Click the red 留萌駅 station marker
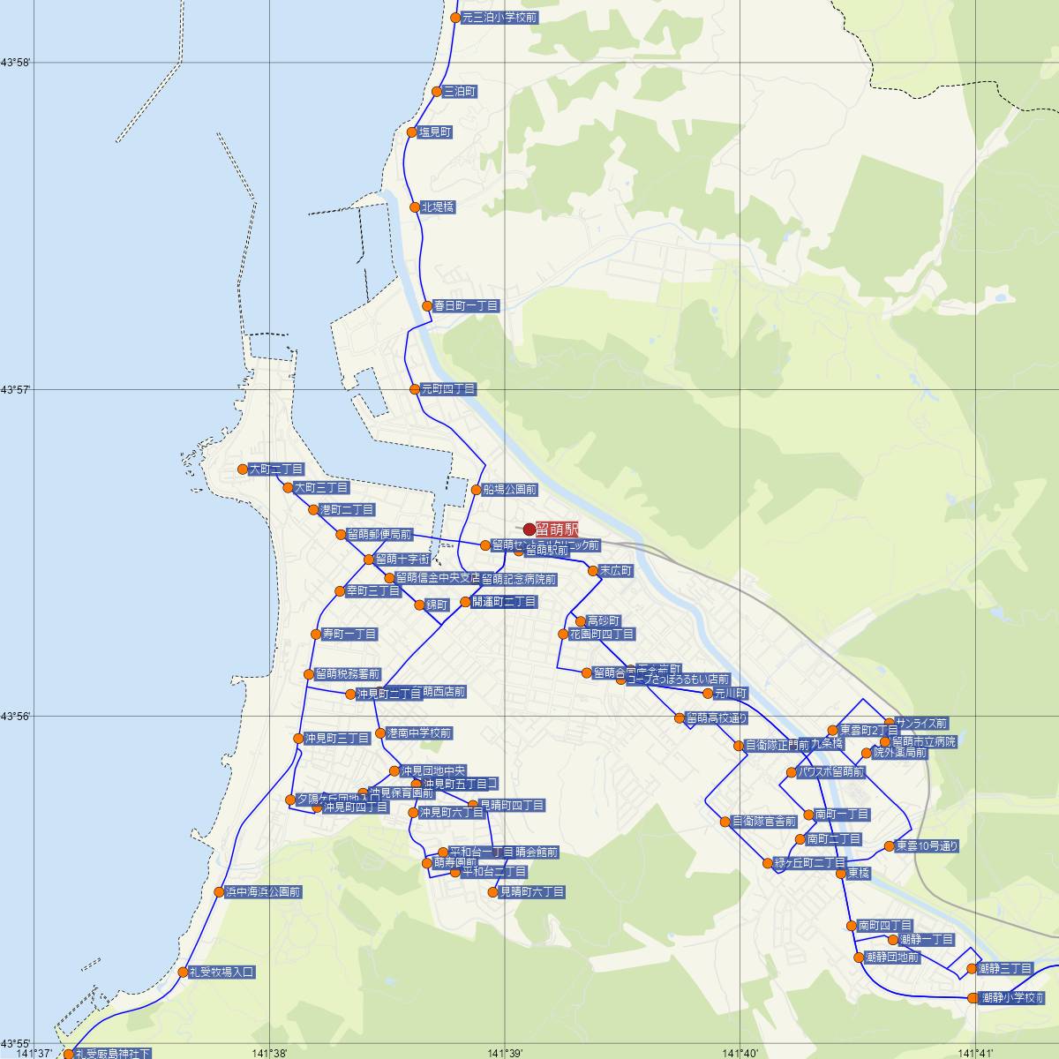pyautogui.click(x=529, y=529)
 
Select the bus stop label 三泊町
pyautogui.click(x=460, y=92)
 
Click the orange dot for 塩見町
pyautogui.click(x=412, y=132)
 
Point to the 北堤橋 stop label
pyautogui.click(x=438, y=207)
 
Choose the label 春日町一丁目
pyautogui.click(x=466, y=306)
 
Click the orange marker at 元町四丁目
pyautogui.click(x=415, y=389)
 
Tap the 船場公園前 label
pyautogui.click(x=510, y=490)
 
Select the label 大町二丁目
pyautogui.click(x=276, y=469)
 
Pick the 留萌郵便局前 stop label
pyautogui.click(x=379, y=535)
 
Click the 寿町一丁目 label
pyautogui.click(x=349, y=635)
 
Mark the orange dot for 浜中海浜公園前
pyautogui.click(x=220, y=892)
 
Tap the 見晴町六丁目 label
pyautogui.click(x=532, y=892)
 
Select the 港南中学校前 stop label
pyautogui.click(x=419, y=733)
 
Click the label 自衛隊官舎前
pyautogui.click(x=764, y=822)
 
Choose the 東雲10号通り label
pyautogui.click(x=927, y=846)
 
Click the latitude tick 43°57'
pyautogui.click(x=16, y=389)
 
